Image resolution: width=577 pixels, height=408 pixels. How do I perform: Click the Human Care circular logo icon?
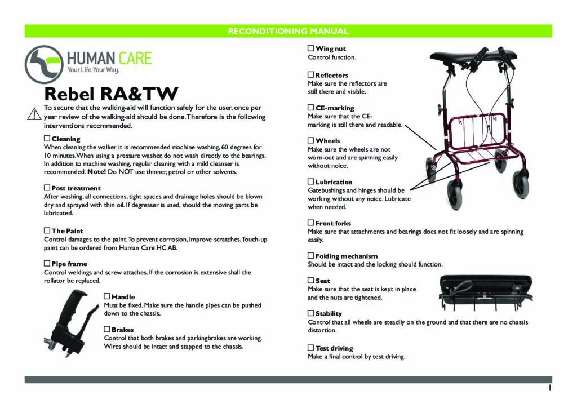click(x=44, y=64)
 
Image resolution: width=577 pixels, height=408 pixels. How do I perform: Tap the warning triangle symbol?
click(x=34, y=113)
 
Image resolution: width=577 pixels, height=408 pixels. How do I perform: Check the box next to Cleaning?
click(x=47, y=138)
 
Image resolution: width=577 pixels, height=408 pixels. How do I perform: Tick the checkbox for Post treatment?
click(x=47, y=188)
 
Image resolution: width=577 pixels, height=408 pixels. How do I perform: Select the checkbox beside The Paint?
click(x=47, y=230)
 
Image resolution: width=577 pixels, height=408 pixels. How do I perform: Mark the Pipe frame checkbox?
click(x=47, y=263)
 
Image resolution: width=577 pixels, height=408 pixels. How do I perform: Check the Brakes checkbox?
click(x=108, y=329)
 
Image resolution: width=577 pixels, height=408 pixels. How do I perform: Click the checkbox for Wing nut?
click(x=311, y=49)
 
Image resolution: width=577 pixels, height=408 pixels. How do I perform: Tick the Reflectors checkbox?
click(x=311, y=74)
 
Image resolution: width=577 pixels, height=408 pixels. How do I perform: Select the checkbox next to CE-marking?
click(x=311, y=108)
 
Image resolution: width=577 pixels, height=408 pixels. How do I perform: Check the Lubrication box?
click(x=311, y=181)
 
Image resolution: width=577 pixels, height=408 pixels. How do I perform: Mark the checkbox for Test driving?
click(x=311, y=348)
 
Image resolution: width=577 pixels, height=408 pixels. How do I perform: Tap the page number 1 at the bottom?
click(x=549, y=388)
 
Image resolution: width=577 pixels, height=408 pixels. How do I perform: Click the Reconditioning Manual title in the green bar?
click(x=288, y=31)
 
